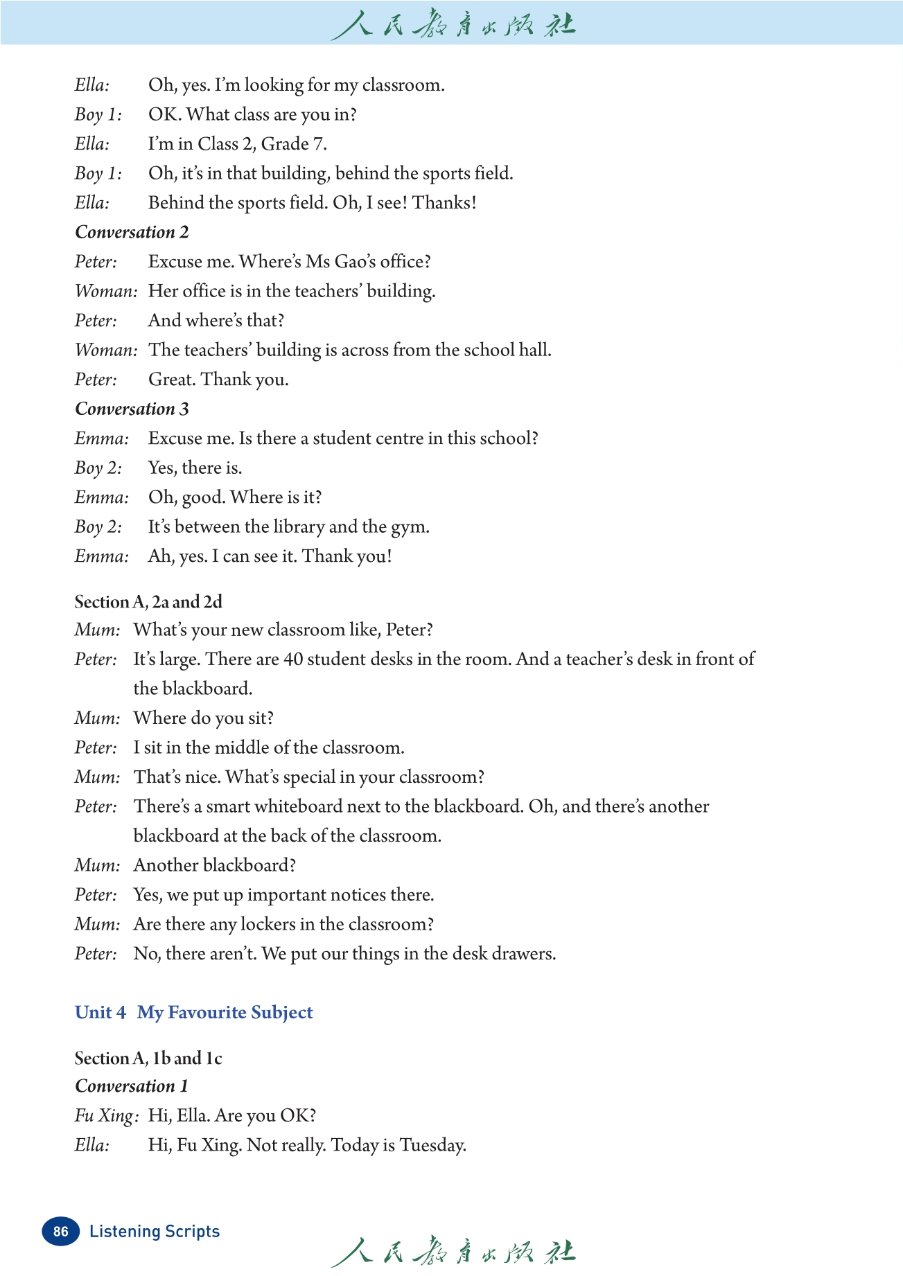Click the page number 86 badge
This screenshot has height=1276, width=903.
pos(60,1231)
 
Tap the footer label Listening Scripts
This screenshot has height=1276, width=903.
pos(155,1231)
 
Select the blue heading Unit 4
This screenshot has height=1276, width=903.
pos(100,1012)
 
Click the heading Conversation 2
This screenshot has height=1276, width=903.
pos(132,232)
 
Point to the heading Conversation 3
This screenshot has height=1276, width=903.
pos(132,409)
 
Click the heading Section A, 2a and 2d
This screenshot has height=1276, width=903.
pos(148,602)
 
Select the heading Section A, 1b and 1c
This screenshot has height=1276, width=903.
pos(148,1058)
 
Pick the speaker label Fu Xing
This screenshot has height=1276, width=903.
pos(105,1116)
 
